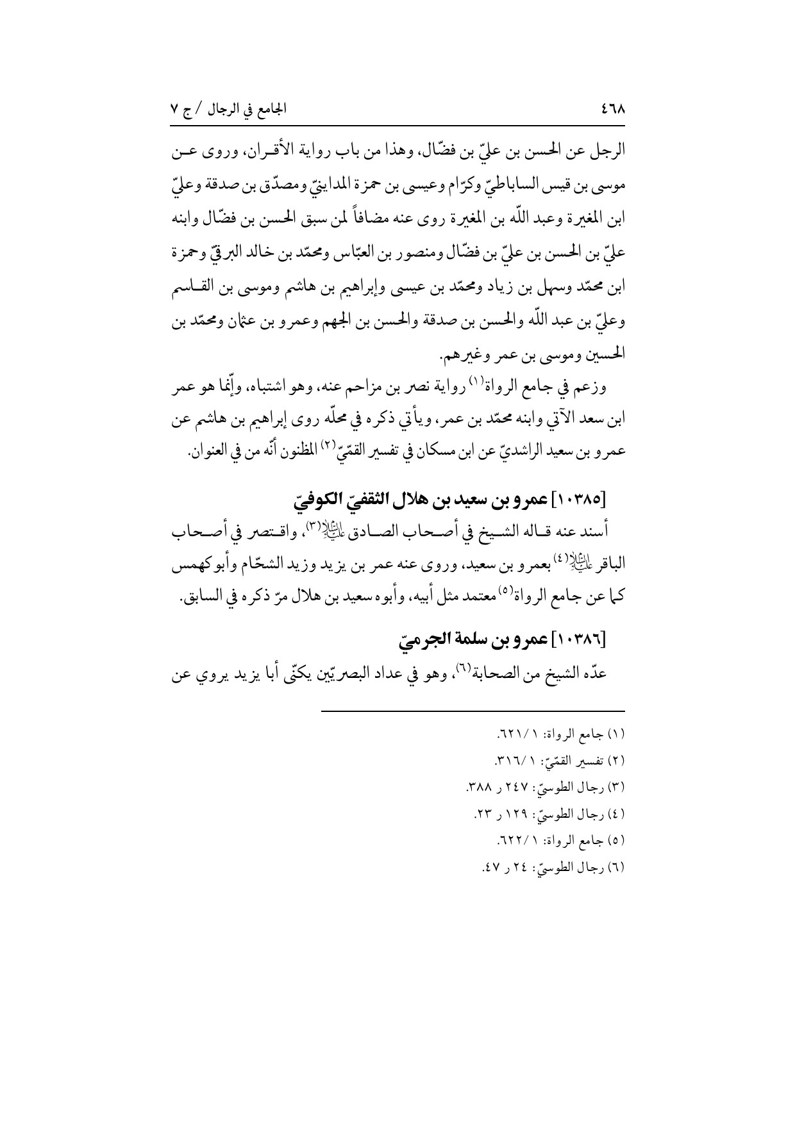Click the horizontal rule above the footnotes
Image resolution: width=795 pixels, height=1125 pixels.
point(472,710)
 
